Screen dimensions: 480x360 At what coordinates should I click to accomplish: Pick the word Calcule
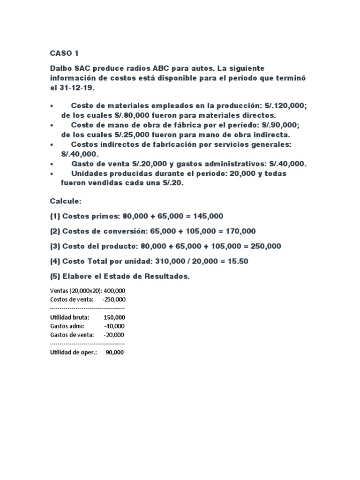(x=66, y=201)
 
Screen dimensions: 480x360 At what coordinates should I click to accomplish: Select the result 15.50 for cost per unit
(x=238, y=261)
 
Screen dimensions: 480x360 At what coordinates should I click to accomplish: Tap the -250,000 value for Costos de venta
(x=113, y=300)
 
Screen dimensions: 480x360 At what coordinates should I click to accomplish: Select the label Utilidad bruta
(x=69, y=318)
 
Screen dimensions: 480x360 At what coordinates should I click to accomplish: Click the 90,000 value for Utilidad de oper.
(x=115, y=353)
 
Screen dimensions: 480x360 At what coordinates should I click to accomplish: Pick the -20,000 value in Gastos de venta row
(x=114, y=335)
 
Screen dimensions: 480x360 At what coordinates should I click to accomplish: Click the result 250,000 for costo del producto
(x=266, y=246)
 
